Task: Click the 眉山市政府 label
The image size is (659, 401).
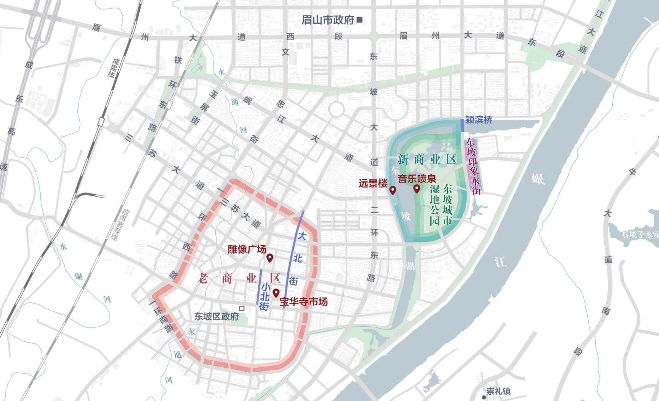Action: (x=328, y=20)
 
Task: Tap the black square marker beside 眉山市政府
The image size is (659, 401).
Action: (x=359, y=20)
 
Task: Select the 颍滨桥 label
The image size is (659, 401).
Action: (x=479, y=120)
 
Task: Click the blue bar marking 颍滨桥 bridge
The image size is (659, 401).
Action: (x=462, y=126)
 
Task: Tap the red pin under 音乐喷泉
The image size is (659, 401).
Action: (x=416, y=189)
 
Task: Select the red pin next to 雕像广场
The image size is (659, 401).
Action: (x=270, y=258)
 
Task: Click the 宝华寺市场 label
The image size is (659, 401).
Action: (x=304, y=302)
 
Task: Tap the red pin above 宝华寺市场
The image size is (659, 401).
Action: (x=276, y=294)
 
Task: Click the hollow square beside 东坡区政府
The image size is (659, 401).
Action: (x=242, y=308)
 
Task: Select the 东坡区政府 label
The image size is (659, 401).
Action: (x=216, y=317)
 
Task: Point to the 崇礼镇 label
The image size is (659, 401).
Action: (x=498, y=391)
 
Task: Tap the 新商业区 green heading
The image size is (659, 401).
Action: (x=427, y=159)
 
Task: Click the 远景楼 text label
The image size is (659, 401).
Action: (x=373, y=183)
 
